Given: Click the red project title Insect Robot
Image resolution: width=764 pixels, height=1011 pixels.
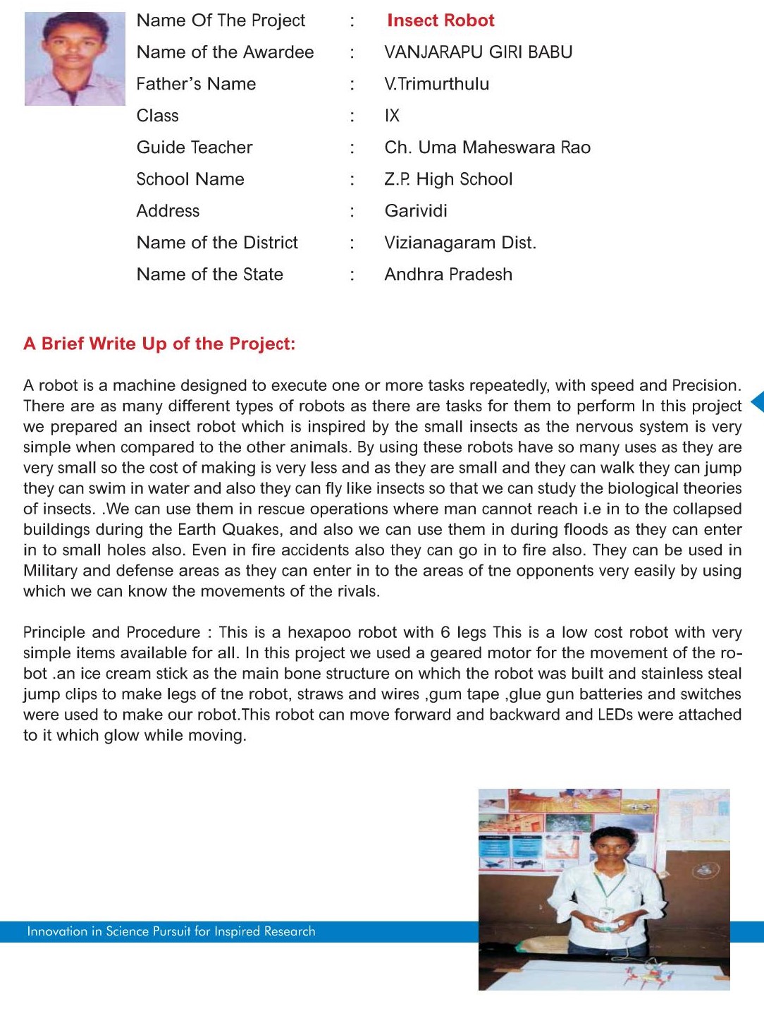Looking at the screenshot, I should (440, 20).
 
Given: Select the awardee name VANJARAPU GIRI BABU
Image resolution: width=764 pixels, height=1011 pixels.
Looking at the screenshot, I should (478, 52).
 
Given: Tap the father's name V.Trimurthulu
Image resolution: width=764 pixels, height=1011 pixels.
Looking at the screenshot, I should (436, 84).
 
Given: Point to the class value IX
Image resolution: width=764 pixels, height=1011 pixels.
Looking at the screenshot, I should (392, 116).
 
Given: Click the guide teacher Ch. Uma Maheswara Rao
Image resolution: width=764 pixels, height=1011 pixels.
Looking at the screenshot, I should (487, 147).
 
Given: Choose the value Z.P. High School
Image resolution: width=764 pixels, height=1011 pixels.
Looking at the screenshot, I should (448, 179).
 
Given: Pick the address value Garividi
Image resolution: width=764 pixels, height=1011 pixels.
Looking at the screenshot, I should (416, 211).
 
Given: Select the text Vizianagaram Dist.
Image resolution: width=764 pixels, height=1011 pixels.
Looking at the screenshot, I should (460, 243).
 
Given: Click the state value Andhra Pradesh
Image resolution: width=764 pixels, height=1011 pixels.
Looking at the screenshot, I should (448, 274).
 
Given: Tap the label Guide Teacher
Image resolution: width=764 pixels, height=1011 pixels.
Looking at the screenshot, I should (195, 147).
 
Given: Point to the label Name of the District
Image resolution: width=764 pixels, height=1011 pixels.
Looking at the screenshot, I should (217, 243).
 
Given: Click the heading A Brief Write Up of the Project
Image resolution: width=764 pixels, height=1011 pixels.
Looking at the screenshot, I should (159, 344).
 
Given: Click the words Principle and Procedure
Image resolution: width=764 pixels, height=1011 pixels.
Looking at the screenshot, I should (112, 632).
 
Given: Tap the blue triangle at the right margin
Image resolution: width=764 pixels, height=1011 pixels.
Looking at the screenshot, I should (758, 401).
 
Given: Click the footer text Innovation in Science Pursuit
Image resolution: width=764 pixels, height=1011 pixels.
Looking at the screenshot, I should (171, 931).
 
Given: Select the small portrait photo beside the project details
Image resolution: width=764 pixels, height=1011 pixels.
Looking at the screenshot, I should (75, 59).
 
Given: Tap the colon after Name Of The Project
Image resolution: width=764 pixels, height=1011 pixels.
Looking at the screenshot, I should (352, 20).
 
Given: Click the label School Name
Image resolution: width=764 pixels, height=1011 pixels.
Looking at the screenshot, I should (190, 179).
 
